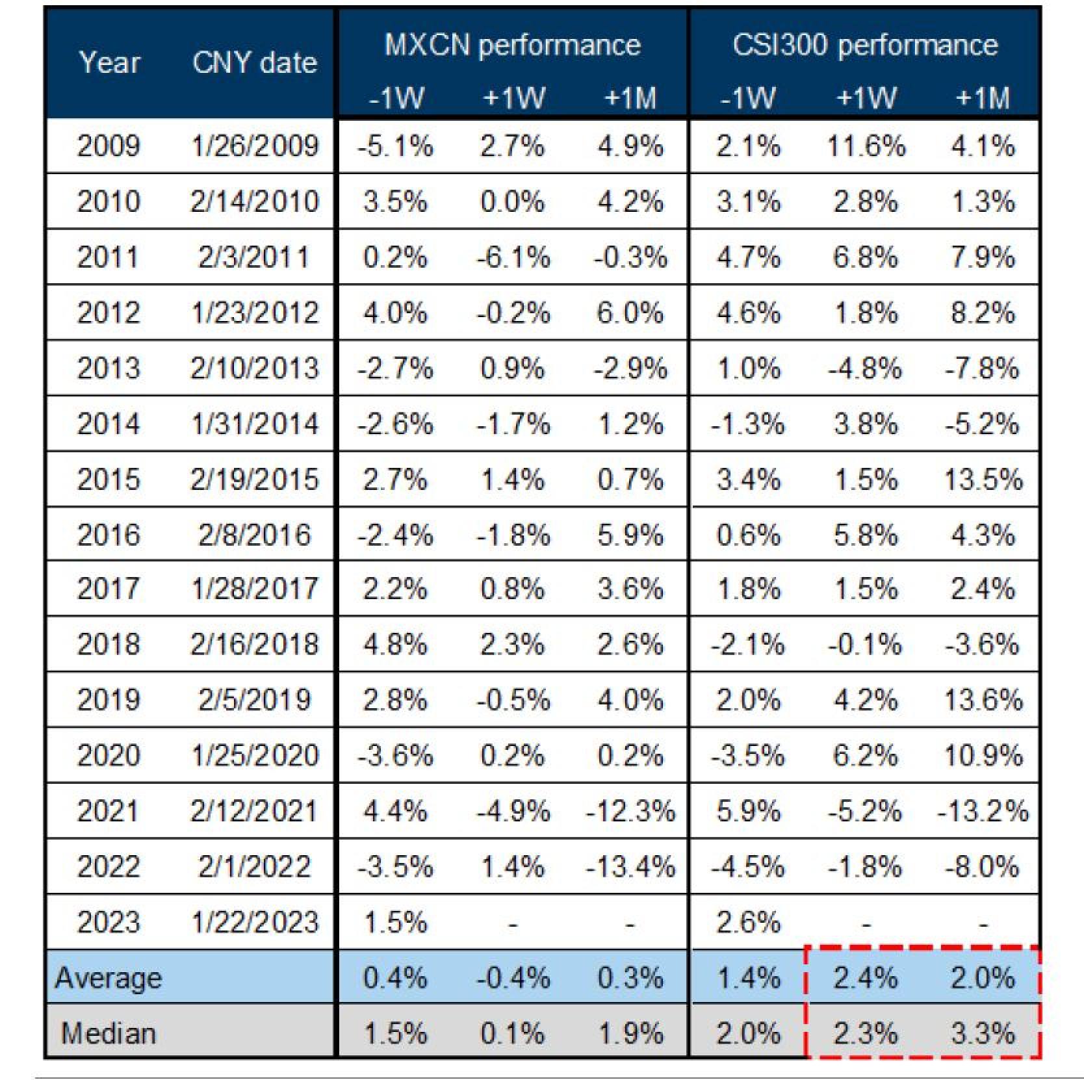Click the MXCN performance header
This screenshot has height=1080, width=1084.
coord(512,45)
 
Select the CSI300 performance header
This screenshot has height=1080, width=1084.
coord(865,45)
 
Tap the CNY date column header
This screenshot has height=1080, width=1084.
coord(254,63)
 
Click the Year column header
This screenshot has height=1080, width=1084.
coord(109,63)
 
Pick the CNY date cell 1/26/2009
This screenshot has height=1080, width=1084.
coord(254,146)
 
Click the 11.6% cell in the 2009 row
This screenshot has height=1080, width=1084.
coord(865,146)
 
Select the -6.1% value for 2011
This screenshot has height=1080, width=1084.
coord(512,257)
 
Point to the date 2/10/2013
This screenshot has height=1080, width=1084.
coord(254,368)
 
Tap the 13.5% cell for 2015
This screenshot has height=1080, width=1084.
coord(983,480)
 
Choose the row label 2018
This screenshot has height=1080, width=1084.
coord(109,644)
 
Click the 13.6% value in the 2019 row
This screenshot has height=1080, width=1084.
coord(983,700)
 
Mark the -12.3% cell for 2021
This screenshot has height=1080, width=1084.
coord(630,811)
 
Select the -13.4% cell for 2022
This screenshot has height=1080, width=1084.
coord(630,866)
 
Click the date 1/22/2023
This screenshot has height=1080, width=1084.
coord(254,921)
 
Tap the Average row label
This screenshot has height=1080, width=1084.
coord(109,977)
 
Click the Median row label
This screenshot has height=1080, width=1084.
coord(109,1033)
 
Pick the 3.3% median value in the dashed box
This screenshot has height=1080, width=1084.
coord(983,1033)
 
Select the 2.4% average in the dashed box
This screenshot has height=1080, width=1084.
coord(865,977)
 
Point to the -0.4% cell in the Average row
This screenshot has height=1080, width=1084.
coord(512,977)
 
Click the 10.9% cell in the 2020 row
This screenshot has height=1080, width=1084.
coord(983,755)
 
